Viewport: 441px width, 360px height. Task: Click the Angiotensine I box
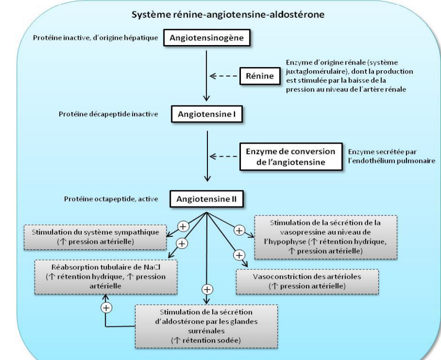pos(206,115)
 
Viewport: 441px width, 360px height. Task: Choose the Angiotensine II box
pos(207,199)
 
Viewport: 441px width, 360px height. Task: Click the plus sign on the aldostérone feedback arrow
pos(106,308)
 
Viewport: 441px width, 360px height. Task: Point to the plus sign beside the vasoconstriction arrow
pos(239,255)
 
